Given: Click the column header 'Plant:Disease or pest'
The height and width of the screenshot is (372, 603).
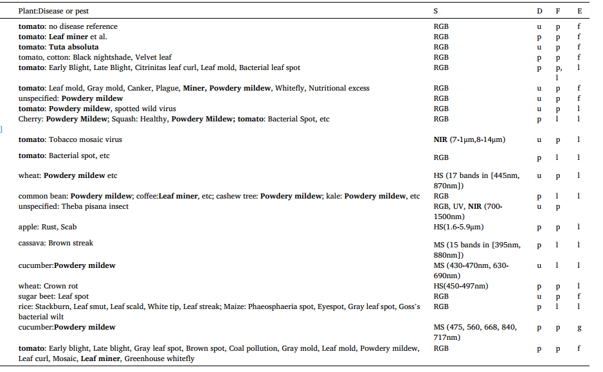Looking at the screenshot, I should pos(54,12).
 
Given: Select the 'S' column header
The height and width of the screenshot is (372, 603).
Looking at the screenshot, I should pos(437,12).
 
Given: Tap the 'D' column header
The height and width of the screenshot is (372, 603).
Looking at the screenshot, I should pos(539,12).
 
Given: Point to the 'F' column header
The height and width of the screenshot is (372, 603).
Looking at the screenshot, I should pos(558,12).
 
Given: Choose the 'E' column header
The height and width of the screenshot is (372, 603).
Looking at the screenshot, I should pos(579,12).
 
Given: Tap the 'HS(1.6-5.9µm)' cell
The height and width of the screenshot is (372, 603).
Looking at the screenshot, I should pos(458,227).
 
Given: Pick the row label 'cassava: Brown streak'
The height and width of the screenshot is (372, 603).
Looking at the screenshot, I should pos(55,243).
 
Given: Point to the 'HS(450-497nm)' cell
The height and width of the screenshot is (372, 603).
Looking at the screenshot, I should pos(461,286).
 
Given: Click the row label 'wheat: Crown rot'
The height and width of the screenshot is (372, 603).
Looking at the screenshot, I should pos(49,286).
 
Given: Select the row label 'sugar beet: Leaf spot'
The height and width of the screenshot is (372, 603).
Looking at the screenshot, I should pos(53,296).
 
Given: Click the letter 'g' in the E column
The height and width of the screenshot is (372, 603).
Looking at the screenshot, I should pos(579,328).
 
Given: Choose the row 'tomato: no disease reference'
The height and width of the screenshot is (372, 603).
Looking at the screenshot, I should pos(67,26).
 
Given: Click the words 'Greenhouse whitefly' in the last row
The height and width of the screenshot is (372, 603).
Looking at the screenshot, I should pos(159,359).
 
